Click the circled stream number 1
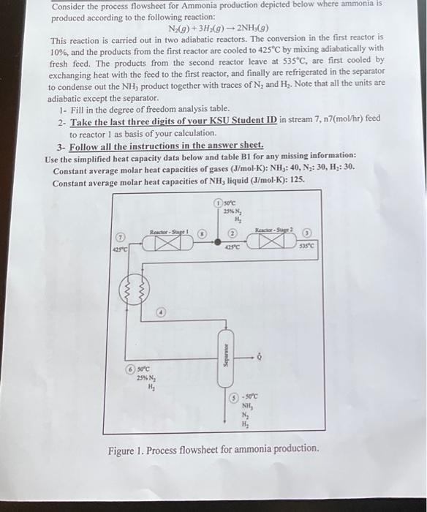[217, 203]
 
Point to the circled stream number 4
[163, 312]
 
